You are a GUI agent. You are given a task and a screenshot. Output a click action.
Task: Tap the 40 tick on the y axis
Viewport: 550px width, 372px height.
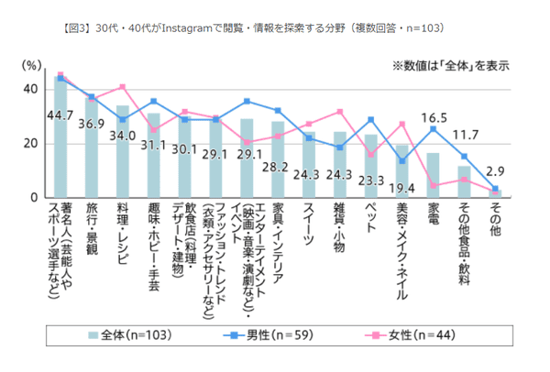point(31,89)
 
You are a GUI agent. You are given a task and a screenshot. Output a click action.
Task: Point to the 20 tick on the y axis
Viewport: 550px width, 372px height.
point(31,144)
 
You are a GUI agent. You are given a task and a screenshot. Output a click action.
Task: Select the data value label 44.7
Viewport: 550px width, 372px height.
point(60,115)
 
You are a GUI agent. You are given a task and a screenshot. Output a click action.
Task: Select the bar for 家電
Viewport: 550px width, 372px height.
point(432,176)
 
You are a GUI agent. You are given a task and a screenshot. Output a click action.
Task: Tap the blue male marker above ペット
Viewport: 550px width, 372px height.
point(370,120)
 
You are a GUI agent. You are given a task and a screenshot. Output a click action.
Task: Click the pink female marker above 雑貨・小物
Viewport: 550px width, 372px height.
point(340,112)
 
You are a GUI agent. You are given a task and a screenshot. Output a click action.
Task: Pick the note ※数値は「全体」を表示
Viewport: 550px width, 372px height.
point(451,66)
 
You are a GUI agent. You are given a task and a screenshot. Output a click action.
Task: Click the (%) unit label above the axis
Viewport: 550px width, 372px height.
point(31,67)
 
